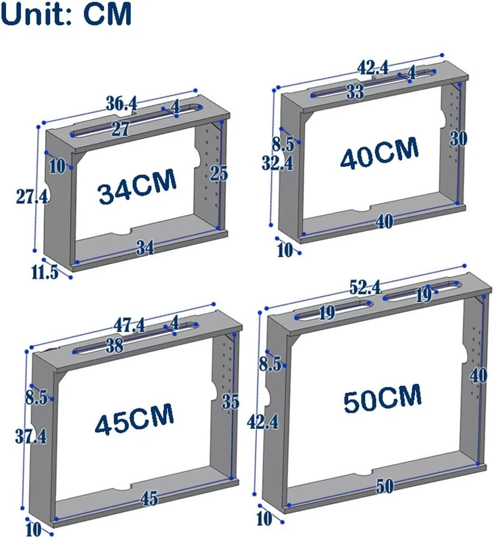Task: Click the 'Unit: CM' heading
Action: (66, 13)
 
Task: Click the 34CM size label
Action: (137, 187)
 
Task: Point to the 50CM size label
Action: (383, 399)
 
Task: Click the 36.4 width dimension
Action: (121, 103)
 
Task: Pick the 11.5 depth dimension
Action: (45, 273)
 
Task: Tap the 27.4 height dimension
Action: (32, 197)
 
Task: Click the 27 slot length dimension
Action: (120, 129)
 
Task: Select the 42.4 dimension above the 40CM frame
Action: (373, 67)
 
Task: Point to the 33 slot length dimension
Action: (355, 91)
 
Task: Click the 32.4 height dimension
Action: (278, 163)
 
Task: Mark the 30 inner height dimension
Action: (459, 139)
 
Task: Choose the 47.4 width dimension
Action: (129, 325)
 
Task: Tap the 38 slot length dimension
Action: (114, 346)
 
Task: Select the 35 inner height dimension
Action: (230, 401)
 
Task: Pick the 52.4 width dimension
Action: (365, 287)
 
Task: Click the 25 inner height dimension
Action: (219, 173)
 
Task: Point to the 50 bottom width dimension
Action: (385, 486)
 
